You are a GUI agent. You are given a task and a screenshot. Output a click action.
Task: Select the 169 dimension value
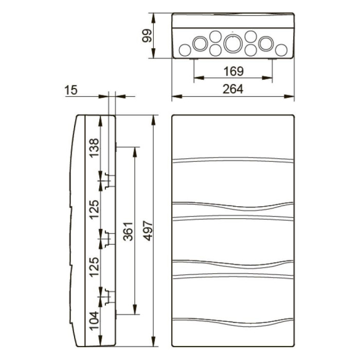pos(233,70)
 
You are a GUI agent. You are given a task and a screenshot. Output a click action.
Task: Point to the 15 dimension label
pos(71,91)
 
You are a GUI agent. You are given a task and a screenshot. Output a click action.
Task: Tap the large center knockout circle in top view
pos(232,44)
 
